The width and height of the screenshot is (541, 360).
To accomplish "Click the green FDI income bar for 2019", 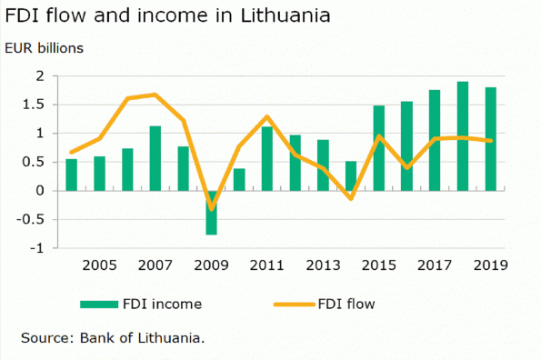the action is coord(491,139).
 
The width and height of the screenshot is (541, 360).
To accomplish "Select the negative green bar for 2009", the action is coord(211,213).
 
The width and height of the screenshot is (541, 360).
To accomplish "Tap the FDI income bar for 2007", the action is coord(155,158).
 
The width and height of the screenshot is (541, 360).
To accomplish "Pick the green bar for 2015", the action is coord(379,148).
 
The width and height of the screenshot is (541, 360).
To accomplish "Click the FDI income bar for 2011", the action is coord(267,158).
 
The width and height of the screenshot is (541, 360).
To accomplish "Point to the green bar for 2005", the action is coord(99,174).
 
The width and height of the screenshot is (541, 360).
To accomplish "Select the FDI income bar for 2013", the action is coord(323,165).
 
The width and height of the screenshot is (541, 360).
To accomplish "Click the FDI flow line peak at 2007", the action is coord(155,95).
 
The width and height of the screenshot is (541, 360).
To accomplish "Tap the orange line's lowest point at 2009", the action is coord(212,209).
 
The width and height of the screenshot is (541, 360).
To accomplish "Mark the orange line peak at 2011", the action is coord(267,116).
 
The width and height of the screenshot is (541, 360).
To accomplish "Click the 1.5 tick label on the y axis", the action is coord(34,105).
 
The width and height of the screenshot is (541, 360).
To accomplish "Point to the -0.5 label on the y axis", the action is coord(31,219).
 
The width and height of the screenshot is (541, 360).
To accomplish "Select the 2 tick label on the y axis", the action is coord(40,75).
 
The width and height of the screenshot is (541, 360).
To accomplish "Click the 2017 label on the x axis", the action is coord(435,265).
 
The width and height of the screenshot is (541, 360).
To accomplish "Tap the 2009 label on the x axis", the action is coord(211,265).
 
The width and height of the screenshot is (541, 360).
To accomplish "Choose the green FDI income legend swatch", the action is coord(99,305).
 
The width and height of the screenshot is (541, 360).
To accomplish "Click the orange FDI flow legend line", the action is coord(295,305).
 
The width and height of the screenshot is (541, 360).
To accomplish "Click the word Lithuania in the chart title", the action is coord(286,15).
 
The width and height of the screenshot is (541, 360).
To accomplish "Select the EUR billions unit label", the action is coord(45,48).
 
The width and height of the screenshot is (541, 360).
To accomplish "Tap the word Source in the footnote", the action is coord(47,338).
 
